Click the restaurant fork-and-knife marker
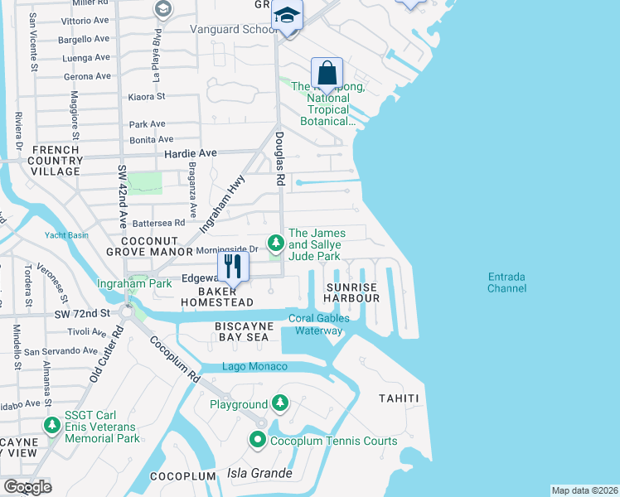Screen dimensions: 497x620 coord(232,267)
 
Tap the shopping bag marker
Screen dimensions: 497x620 coord(327,72)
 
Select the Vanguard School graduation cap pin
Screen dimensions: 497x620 coord(288,16)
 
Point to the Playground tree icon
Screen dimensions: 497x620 coord(280,403)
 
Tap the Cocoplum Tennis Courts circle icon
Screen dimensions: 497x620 coord(258,441)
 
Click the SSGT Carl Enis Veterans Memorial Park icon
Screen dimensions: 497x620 coord(52,426)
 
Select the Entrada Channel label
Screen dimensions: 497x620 coord(507,282)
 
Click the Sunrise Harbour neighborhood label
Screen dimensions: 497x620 coord(351,292)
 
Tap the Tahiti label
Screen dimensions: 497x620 coord(399,398)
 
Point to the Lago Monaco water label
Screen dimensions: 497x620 coord(254,367)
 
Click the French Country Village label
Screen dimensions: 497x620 coord(56,161)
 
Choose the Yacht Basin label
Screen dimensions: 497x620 coord(67,234)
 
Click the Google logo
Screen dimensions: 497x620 coord(27,487)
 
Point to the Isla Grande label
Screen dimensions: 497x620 coord(259,474)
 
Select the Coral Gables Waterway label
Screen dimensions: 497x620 coord(318,325)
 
